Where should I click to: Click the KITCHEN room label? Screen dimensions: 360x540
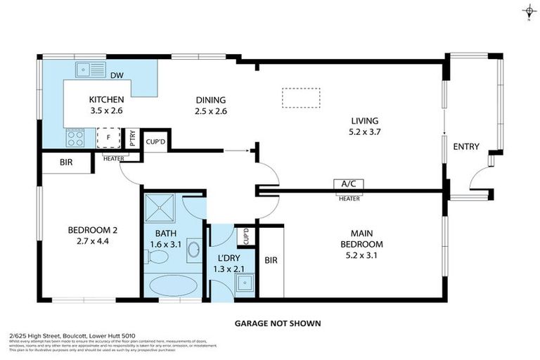tap(106, 100)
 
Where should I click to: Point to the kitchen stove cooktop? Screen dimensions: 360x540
tap(75, 137)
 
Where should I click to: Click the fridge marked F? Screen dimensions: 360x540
tap(108, 138)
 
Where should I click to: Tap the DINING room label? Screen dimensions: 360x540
tap(210, 100)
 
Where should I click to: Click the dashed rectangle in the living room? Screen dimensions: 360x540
tap(301, 98)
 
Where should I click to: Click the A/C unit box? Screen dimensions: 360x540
tap(348, 184)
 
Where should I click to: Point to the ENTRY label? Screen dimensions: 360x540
tap(465, 147)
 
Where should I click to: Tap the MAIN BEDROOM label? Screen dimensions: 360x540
tap(370, 239)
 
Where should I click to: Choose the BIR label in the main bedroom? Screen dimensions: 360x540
tap(271, 260)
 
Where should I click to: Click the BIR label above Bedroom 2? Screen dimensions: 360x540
tap(66, 163)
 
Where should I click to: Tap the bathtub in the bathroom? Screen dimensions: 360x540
tap(174, 285)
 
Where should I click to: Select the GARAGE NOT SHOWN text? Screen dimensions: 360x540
tap(278, 323)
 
